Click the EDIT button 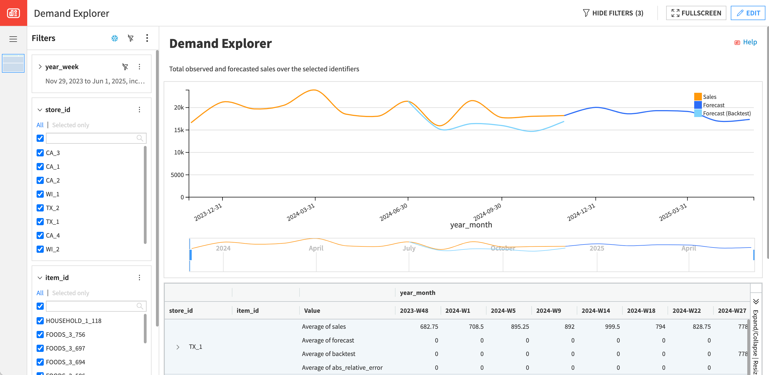click(748, 13)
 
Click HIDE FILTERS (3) click(613, 13)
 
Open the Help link click(749, 42)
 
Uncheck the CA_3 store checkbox click(40, 153)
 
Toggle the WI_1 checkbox click(40, 194)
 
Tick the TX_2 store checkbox click(40, 208)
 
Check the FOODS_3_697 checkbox click(40, 348)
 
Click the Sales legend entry click(709, 97)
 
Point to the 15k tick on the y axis click(179, 130)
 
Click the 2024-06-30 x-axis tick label click(394, 212)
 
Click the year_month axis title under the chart click(471, 225)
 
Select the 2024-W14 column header click(595, 311)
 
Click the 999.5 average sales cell click(612, 327)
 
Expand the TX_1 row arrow click(178, 347)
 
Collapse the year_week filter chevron click(40, 67)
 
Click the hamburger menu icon click(13, 39)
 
